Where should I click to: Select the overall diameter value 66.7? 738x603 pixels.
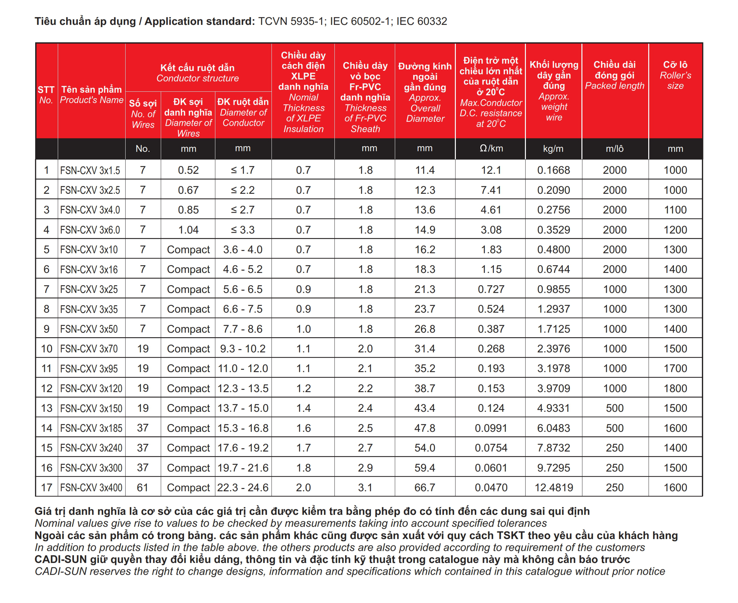(425, 487)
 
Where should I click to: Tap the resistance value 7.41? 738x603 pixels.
(490, 190)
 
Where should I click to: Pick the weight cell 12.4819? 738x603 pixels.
(553, 487)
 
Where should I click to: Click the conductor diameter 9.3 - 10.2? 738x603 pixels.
(243, 348)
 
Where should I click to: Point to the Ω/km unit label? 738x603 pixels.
(491, 148)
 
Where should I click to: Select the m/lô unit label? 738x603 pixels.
(614, 149)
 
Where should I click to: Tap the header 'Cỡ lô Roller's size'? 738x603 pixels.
(675, 75)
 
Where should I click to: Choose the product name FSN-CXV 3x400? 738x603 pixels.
(91, 487)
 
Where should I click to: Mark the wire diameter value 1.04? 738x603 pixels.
(188, 230)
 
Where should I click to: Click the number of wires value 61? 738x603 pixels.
(143, 487)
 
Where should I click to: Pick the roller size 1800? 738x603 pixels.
(675, 388)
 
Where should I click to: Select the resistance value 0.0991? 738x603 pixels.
(490, 428)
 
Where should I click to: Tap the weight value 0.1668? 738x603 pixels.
(553, 170)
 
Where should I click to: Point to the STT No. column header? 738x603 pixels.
(46, 95)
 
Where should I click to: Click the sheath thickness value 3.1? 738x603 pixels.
(365, 487)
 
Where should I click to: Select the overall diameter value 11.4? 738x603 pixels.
(425, 170)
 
